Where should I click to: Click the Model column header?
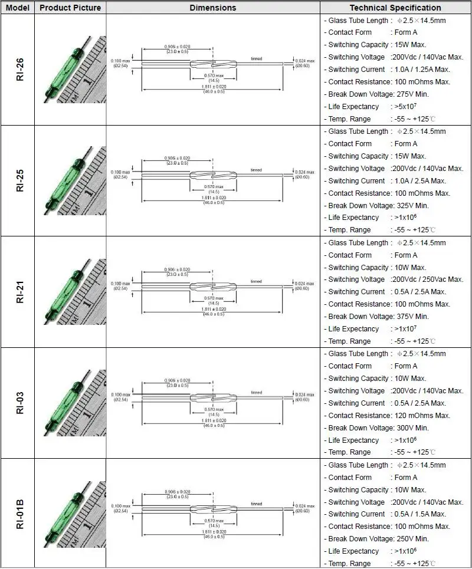point(17,8)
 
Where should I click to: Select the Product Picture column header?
point(70,8)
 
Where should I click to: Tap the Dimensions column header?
point(213,8)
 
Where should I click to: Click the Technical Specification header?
point(395,8)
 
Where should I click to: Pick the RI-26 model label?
point(19,70)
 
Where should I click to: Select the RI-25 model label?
point(19,181)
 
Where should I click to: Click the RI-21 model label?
point(19,292)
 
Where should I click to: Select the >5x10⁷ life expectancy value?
point(407,107)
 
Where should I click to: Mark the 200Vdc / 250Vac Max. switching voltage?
point(427,279)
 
